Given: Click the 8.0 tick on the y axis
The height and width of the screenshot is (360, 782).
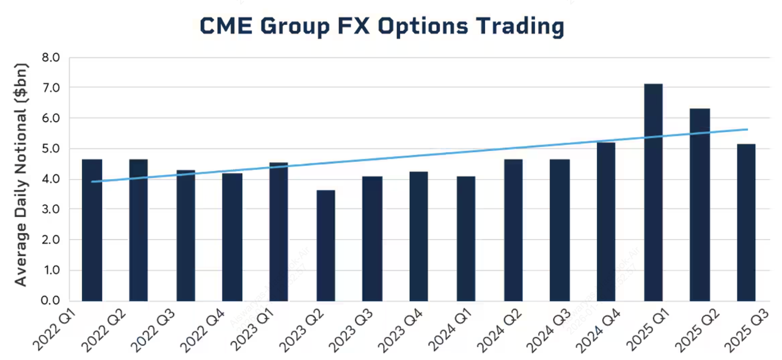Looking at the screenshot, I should click(x=51, y=58).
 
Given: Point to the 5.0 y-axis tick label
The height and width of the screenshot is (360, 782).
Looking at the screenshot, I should click(x=51, y=149).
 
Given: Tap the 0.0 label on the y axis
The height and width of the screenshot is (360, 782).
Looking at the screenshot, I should click(x=51, y=301).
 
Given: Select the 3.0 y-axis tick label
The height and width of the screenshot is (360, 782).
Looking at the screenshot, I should click(x=51, y=210).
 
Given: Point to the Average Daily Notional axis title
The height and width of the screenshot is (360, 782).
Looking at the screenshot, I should click(x=21, y=174).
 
